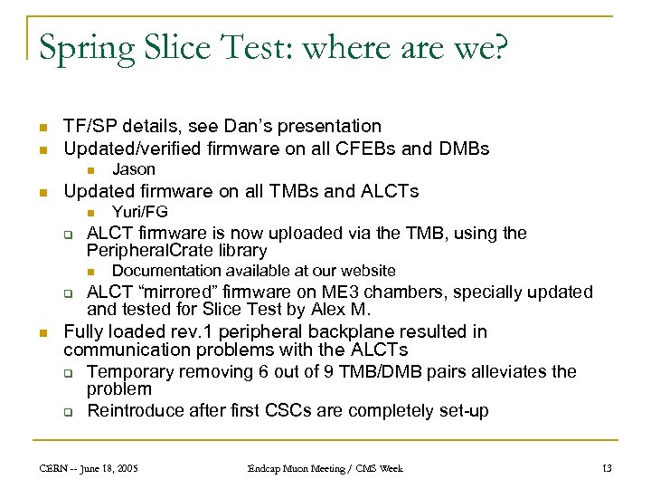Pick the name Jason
coord(134,169)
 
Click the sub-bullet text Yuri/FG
coord(140,212)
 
